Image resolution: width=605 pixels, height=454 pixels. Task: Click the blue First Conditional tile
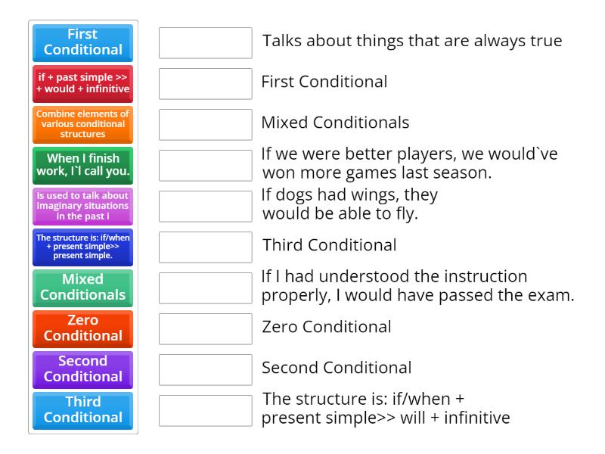tap(83, 42)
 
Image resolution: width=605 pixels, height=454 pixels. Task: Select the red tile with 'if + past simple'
tap(83, 83)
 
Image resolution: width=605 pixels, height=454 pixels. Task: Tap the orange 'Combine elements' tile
tap(83, 124)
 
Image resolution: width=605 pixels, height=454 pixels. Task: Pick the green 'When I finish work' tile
tap(83, 165)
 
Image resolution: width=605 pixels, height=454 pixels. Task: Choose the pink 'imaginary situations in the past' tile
tap(83, 206)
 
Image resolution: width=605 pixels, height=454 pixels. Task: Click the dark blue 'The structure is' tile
tap(83, 247)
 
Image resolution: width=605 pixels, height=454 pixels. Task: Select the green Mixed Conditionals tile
tap(83, 288)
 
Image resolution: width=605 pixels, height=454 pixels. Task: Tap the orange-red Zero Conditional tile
tap(83, 328)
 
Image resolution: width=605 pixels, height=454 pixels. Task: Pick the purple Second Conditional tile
tap(83, 369)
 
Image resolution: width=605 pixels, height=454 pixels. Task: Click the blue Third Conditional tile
tap(83, 410)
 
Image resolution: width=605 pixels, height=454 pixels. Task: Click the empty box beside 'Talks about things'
tap(206, 43)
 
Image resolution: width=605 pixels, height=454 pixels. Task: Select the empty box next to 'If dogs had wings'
tap(206, 207)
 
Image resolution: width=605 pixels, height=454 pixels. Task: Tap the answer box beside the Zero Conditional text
tap(206, 329)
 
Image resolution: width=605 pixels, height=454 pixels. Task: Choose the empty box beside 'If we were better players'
tap(206, 166)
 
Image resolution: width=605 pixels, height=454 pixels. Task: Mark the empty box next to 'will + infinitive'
tap(206, 411)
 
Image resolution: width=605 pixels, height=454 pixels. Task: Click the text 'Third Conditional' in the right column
tap(329, 245)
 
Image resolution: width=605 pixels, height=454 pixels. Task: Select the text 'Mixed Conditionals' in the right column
tap(335, 123)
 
